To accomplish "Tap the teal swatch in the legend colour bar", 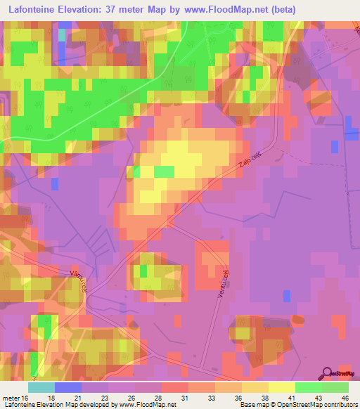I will click(x=41, y=387).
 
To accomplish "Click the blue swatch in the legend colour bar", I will click(x=68, y=387).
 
